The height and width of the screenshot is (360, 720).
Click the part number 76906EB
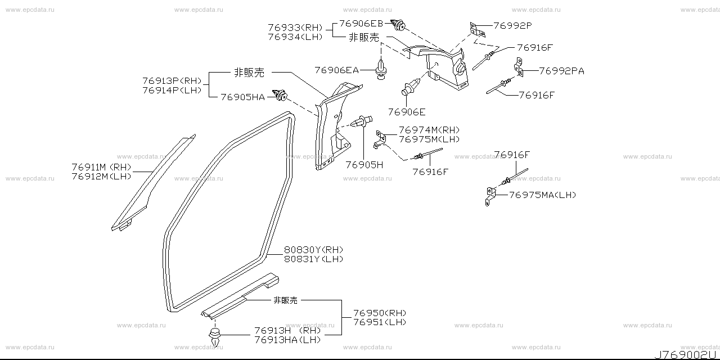361,24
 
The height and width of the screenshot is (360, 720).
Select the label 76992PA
561,71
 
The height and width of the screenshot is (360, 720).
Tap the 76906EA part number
336,70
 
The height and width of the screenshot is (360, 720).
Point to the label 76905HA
242,97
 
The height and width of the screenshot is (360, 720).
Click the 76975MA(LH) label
542,195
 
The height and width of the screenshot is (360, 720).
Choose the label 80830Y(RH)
305,250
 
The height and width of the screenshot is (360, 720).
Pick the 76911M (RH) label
101,166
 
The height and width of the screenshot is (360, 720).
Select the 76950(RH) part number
380,313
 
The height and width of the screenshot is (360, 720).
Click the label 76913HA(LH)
287,339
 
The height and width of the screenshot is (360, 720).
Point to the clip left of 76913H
214,336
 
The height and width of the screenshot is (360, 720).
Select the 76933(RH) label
295,28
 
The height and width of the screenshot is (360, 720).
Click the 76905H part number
364,165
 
